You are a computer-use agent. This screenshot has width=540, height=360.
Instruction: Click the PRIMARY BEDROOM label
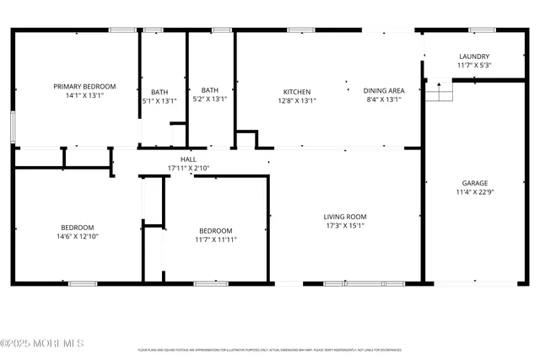[84, 87]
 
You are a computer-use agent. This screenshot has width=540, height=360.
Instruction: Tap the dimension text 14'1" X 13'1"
[84, 95]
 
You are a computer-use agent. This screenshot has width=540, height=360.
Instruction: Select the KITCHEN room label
[296, 91]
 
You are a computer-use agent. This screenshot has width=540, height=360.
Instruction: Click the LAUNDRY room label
[474, 56]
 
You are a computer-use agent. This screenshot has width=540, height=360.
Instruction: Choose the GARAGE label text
[474, 183]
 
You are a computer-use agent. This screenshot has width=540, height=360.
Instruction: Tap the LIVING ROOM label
[345, 217]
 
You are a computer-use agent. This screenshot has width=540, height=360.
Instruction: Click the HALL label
[188, 159]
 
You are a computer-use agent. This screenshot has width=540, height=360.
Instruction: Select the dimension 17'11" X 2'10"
[188, 168]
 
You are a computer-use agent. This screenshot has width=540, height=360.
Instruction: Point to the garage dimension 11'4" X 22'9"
[474, 191]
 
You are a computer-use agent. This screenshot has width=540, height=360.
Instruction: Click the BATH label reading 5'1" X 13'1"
[159, 92]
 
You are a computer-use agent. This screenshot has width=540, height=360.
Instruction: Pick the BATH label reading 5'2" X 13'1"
[210, 90]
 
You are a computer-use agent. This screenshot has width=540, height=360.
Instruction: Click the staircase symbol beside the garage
[439, 90]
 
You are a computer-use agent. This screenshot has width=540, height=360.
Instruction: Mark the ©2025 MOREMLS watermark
[42, 343]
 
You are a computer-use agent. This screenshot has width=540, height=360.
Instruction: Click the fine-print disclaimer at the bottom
[269, 349]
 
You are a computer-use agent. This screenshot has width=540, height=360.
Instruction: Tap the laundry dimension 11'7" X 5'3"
[474, 65]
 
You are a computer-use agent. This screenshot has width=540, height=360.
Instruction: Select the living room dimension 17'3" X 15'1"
[345, 225]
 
